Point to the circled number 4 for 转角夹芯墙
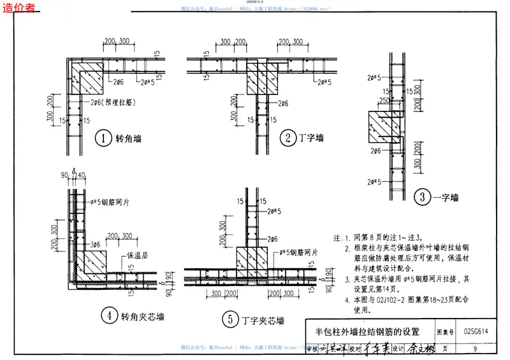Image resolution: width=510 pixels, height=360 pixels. [x=110, y=314]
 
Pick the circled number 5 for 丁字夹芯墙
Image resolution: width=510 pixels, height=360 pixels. [x=228, y=319]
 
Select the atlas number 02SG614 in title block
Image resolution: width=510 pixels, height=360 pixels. [x=476, y=331]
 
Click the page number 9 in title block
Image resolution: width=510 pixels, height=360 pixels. [x=476, y=349]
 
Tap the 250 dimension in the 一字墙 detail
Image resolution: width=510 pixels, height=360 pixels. [x=385, y=101]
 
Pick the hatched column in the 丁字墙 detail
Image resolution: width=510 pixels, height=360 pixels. [x=263, y=80]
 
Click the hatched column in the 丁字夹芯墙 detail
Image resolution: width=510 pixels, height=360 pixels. [x=251, y=261]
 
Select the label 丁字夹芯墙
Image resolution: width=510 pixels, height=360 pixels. [x=262, y=320]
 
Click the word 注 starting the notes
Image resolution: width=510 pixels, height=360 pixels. [x=336, y=237]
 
